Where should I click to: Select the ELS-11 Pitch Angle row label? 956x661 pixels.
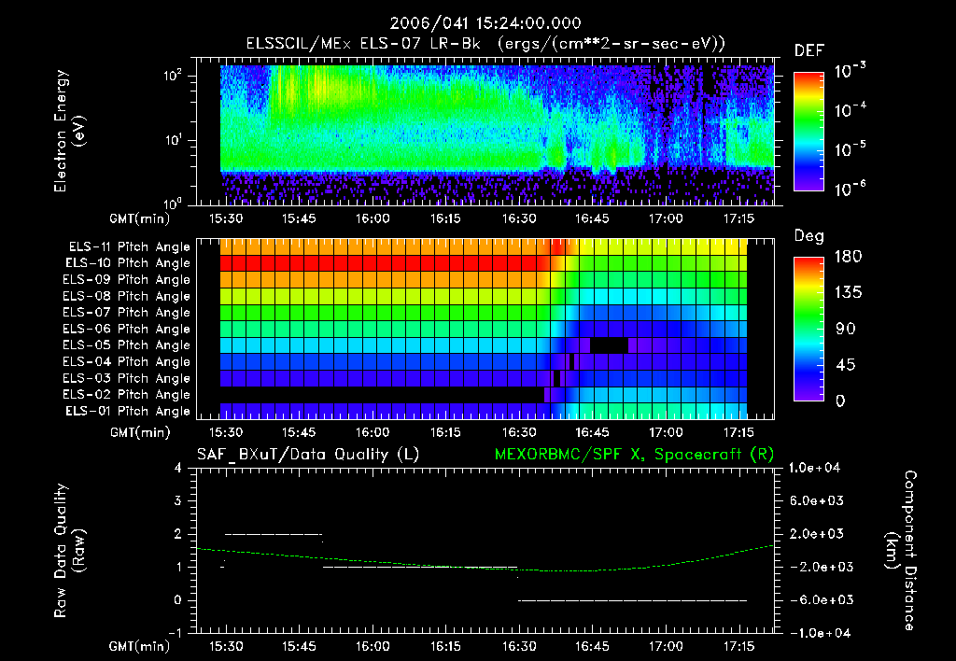click(x=129, y=246)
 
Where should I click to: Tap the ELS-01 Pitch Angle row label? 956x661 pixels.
click(x=129, y=411)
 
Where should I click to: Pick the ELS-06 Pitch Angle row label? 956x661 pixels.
click(x=129, y=329)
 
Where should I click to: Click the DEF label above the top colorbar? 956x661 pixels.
click(x=808, y=50)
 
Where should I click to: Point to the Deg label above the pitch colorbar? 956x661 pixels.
click(x=808, y=236)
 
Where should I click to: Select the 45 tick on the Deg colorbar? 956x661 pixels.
click(x=841, y=365)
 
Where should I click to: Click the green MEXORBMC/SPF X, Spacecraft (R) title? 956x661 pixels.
click(x=627, y=455)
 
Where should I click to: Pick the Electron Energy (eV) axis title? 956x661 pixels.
click(x=70, y=134)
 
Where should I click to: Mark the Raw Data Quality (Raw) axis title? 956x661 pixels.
click(x=70, y=551)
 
